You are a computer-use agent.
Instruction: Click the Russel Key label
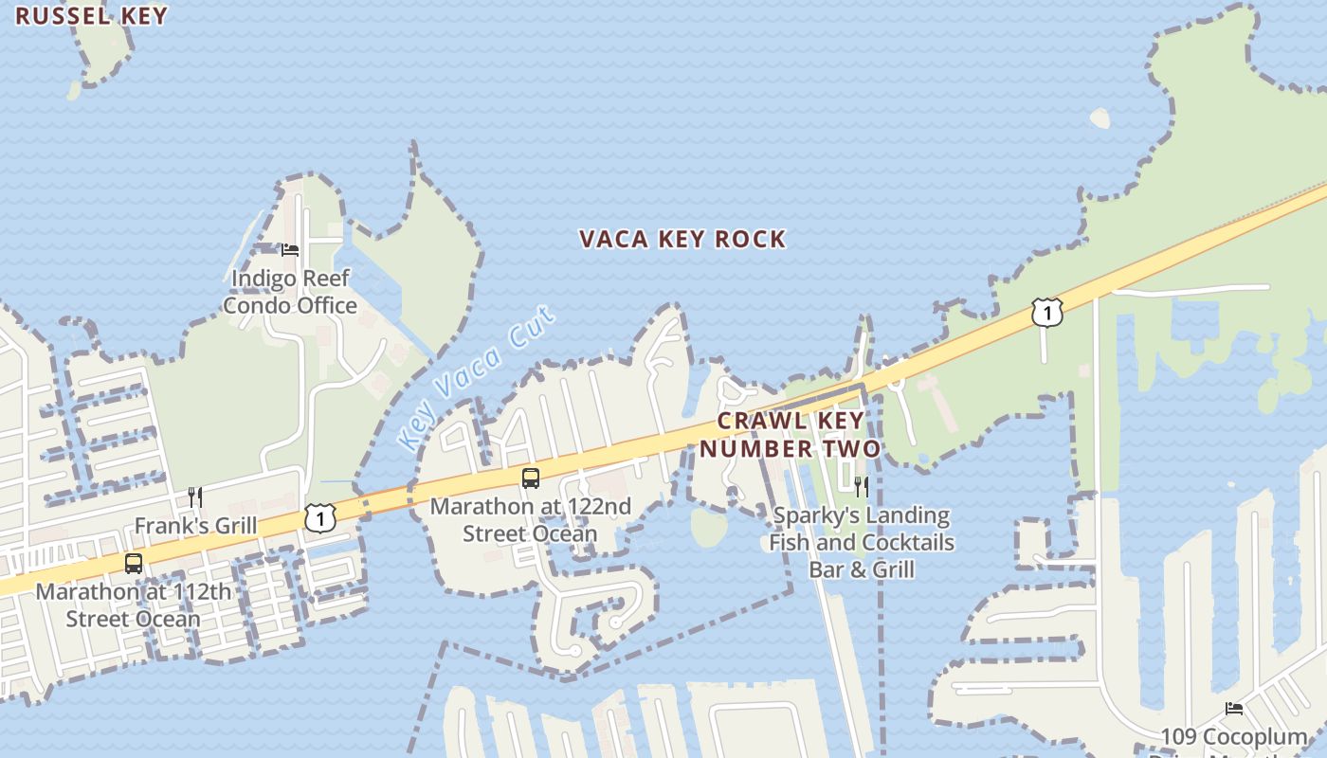click(x=91, y=16)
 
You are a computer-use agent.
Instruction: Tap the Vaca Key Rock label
click(x=682, y=239)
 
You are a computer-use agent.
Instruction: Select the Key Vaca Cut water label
click(x=477, y=378)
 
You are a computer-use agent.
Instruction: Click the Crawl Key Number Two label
click(x=791, y=434)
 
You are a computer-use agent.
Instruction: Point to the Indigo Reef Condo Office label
click(x=290, y=292)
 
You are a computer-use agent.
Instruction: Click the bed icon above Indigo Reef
click(x=290, y=250)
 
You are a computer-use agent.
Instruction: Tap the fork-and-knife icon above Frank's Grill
click(x=195, y=497)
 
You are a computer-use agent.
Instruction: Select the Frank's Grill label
click(x=195, y=526)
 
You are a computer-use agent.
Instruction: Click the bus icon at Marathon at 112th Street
click(x=134, y=564)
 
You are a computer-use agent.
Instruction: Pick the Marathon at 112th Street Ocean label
click(x=133, y=605)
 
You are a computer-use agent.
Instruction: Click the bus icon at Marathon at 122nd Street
click(x=531, y=478)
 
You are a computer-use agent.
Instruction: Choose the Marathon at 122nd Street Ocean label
click(x=531, y=520)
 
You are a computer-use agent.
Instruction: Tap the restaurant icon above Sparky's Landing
click(x=862, y=487)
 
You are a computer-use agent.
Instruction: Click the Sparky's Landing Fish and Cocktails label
click(x=862, y=542)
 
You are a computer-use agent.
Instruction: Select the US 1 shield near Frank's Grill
click(x=320, y=517)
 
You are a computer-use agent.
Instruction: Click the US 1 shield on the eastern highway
click(x=1046, y=312)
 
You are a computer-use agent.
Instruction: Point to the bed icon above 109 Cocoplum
click(x=1234, y=709)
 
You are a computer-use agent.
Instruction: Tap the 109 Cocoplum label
click(x=1234, y=737)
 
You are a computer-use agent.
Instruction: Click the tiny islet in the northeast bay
click(x=1100, y=118)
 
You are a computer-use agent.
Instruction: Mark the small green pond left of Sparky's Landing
click(x=709, y=527)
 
